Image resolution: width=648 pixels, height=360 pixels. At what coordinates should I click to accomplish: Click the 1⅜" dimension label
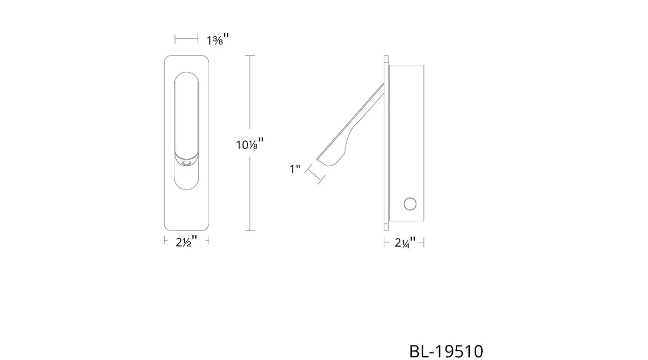[x=218, y=39]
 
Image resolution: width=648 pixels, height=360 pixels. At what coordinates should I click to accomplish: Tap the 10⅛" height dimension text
[x=250, y=144]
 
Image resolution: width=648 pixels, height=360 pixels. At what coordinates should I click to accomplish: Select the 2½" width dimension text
[x=187, y=241]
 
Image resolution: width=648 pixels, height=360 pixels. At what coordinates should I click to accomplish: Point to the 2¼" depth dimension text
[x=405, y=242]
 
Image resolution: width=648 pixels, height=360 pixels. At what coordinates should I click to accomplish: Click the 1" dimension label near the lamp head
[x=295, y=169]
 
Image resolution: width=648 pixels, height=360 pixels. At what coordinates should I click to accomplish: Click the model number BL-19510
[x=446, y=351]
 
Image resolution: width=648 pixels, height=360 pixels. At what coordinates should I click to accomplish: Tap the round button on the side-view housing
[x=410, y=204]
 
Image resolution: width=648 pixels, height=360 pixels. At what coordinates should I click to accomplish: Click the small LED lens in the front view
[x=187, y=164]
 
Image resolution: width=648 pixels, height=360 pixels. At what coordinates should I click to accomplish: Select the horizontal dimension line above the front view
[x=186, y=39]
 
